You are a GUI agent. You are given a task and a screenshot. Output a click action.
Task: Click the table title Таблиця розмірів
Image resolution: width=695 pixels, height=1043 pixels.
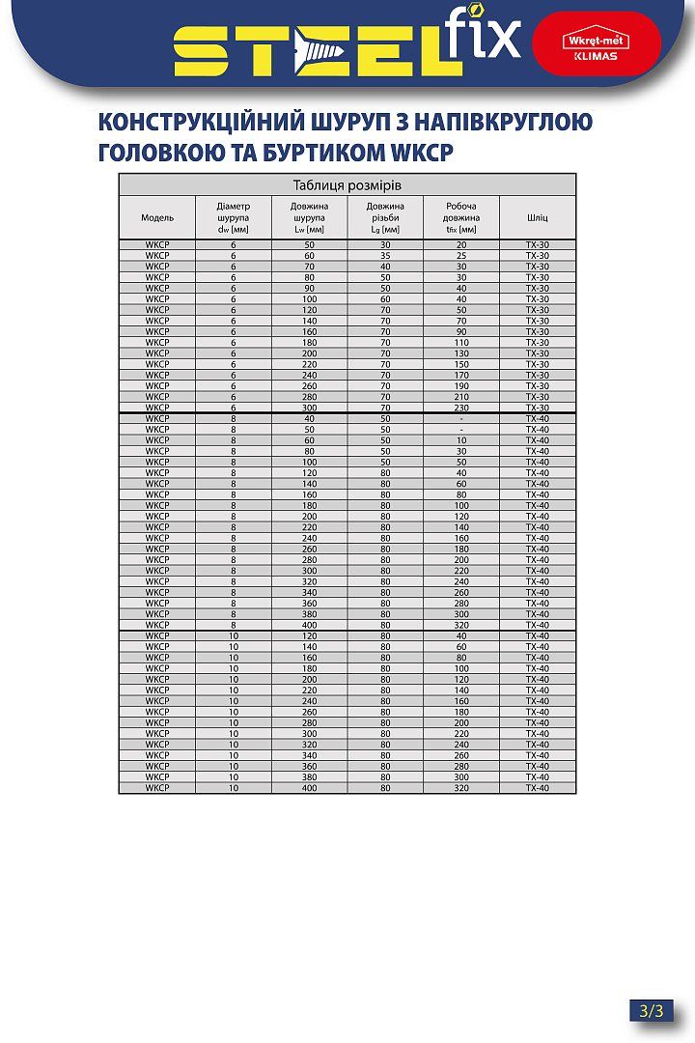(x=347, y=184)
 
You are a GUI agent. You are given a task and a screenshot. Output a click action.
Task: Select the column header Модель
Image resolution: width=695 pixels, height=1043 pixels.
(x=157, y=218)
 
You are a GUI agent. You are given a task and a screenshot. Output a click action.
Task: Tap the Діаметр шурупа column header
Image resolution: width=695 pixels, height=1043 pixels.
(x=233, y=218)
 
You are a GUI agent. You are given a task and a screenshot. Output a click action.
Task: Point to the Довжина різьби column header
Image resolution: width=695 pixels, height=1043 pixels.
(x=384, y=218)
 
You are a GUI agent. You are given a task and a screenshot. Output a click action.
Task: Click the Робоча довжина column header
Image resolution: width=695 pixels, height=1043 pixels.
(x=460, y=218)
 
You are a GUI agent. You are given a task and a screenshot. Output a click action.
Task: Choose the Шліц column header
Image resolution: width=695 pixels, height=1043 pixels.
(x=538, y=218)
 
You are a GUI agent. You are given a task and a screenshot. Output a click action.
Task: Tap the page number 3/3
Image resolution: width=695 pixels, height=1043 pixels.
(x=652, y=1011)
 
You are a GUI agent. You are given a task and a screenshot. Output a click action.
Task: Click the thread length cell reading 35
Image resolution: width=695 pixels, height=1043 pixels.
(x=385, y=256)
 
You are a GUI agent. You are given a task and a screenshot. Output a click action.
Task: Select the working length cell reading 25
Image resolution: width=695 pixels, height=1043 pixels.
(x=461, y=256)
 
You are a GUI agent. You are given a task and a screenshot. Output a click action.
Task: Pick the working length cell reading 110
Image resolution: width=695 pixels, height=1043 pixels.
(x=461, y=343)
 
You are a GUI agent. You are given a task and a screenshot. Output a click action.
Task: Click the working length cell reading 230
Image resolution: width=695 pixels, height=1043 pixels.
(x=461, y=408)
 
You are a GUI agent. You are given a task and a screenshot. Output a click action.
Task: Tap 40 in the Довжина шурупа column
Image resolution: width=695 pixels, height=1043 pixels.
(x=309, y=418)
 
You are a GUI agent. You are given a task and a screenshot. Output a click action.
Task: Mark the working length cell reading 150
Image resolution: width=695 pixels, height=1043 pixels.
(x=461, y=364)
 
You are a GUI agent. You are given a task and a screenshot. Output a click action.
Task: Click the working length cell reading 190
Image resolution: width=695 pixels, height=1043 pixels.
(x=461, y=386)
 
